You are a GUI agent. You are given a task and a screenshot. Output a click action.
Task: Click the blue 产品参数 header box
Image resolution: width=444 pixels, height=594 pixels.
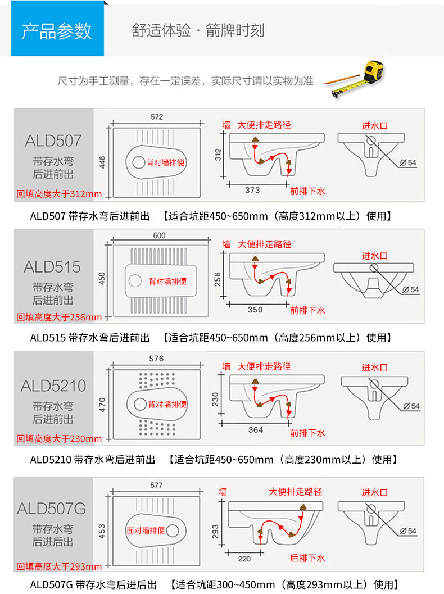(57, 29)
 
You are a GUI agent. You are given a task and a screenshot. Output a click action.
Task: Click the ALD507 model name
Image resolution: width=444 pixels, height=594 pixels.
(53, 141)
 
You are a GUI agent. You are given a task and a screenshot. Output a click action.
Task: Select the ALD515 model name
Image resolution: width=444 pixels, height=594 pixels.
(52, 267)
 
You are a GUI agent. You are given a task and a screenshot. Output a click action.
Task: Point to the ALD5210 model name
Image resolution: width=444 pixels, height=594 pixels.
(53, 386)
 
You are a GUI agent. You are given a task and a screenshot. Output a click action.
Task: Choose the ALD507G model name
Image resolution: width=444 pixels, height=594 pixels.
(52, 509)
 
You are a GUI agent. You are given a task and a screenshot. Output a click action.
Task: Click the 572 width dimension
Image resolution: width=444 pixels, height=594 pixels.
(157, 117)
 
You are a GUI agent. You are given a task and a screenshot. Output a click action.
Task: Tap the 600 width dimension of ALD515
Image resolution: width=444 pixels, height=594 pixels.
(159, 235)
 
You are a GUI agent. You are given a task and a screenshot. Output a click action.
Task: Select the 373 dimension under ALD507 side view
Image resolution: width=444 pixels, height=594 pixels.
(252, 190)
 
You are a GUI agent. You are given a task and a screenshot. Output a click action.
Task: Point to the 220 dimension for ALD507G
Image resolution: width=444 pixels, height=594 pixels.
(244, 559)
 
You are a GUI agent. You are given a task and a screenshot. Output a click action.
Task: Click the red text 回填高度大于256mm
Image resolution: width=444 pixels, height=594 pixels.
(59, 317)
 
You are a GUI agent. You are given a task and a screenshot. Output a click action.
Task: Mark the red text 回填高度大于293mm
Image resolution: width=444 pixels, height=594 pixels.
(59, 566)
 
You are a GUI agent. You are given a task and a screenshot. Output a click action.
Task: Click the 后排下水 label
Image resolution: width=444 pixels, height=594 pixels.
(307, 558)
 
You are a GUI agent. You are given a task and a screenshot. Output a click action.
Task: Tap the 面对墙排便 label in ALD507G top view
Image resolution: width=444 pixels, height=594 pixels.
(146, 530)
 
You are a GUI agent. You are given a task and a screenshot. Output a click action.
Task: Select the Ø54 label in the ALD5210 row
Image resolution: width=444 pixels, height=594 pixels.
(411, 406)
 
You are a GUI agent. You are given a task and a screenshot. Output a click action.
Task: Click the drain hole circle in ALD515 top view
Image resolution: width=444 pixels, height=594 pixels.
(135, 281)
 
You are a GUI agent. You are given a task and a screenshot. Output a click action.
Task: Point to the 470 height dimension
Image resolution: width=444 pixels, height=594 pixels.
(102, 405)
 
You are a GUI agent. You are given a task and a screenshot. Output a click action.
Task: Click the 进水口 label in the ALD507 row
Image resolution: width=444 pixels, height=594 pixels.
(375, 126)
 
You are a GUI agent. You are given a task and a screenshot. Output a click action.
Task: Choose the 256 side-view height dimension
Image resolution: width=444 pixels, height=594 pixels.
(218, 279)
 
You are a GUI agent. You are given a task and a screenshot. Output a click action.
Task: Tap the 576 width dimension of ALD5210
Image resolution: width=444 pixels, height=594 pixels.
(156, 359)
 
